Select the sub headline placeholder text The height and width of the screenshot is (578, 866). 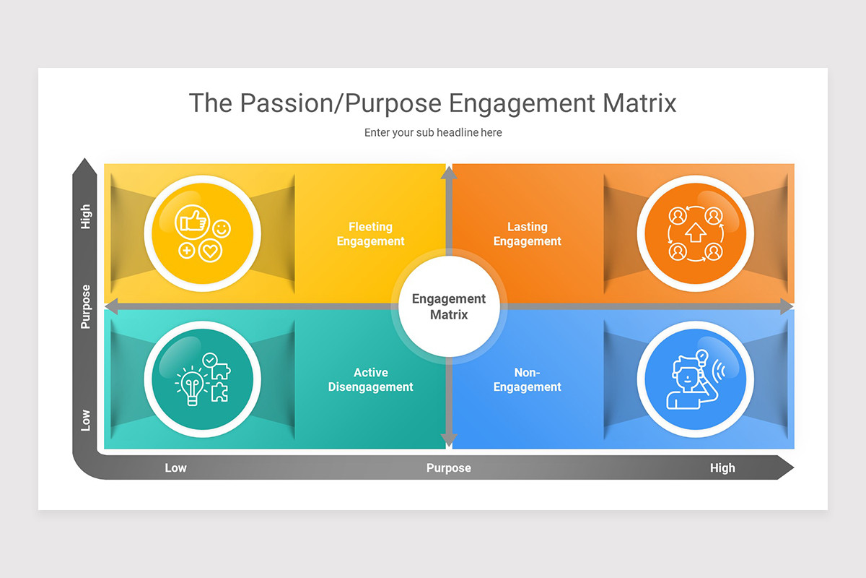coord(433,133)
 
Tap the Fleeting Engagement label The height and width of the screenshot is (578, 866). coord(371,234)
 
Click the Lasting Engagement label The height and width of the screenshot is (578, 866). coord(527,234)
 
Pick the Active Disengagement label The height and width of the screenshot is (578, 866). coord(371,380)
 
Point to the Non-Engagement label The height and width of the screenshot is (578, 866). coord(527,380)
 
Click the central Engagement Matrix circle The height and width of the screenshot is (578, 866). coord(449,307)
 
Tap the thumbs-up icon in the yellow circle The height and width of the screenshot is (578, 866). coord(193,220)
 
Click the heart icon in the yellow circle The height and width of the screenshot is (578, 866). coord(210,251)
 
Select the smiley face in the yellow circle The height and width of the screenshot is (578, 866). coord(222,230)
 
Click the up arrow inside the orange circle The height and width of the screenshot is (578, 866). coord(695,233)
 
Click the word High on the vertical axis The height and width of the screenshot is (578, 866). coord(86,216)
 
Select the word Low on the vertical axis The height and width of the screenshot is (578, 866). coord(86,420)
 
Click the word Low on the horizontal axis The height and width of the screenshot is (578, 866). coord(175,468)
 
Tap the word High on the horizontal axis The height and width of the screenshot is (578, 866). coord(722,468)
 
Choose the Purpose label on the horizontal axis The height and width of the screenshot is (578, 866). coord(448,468)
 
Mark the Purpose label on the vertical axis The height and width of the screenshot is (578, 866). coord(86,306)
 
